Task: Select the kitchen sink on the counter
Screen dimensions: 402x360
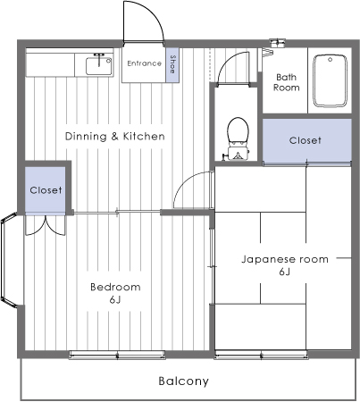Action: [x=96, y=63]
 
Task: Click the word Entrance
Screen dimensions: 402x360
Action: [x=143, y=63]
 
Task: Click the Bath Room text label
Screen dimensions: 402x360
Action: [x=286, y=82]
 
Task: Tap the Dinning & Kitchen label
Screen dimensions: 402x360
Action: [x=115, y=136]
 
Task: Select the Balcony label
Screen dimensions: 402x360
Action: [x=183, y=381]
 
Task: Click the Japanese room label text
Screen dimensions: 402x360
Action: [x=285, y=259]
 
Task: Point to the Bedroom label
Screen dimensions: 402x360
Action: [x=115, y=287]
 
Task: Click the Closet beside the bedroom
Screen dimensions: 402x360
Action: [x=46, y=190]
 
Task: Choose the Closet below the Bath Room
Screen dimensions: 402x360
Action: [x=306, y=141]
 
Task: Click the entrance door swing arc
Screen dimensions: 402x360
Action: [x=143, y=20]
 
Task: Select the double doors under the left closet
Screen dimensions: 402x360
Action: [x=45, y=224]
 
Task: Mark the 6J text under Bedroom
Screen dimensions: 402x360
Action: [x=115, y=301]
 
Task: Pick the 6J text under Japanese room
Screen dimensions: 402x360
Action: [x=285, y=272]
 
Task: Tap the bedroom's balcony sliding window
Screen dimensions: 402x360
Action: [x=115, y=355]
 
